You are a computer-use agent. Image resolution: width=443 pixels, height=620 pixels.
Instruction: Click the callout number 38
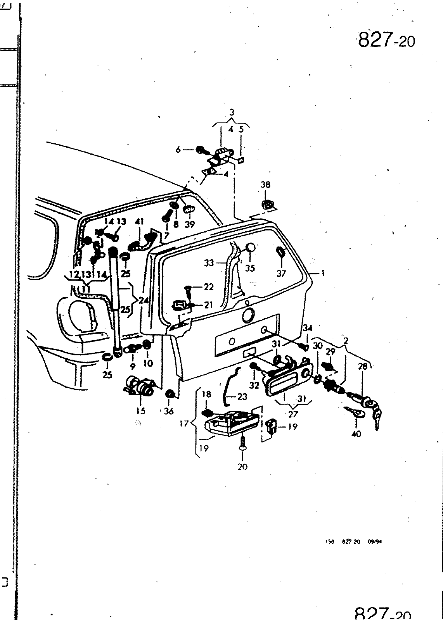click(x=265, y=185)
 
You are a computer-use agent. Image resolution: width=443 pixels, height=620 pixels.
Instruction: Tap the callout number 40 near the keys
click(x=356, y=434)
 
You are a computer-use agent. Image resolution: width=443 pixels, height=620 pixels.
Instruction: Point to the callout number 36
click(x=169, y=412)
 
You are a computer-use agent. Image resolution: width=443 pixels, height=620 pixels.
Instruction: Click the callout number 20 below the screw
click(x=242, y=467)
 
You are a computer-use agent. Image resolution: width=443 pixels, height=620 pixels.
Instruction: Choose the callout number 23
click(x=242, y=396)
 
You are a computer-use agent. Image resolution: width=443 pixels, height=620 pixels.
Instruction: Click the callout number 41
click(x=139, y=222)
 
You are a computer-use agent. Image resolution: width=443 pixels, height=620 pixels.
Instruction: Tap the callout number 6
click(x=178, y=150)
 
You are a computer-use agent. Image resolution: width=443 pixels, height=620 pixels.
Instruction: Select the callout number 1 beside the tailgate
click(x=323, y=274)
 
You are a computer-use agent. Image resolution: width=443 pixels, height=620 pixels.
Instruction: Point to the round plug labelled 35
click(x=250, y=248)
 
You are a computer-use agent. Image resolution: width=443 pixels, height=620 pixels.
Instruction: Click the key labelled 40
click(x=355, y=413)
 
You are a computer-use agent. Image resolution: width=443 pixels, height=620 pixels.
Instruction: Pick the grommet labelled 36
click(x=169, y=394)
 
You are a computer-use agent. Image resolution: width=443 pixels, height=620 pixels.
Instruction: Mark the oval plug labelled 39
click(x=188, y=210)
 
